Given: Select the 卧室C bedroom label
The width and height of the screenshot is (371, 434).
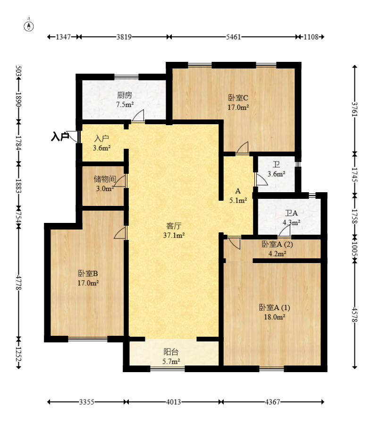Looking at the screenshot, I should click(238, 98).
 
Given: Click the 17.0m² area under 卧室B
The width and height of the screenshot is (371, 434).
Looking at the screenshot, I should click(88, 283).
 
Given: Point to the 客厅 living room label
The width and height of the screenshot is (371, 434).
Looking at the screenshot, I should click(175, 225).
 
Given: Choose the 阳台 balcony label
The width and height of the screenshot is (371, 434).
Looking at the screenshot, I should click(171, 352).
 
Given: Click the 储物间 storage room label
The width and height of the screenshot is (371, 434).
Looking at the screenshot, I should click(105, 179).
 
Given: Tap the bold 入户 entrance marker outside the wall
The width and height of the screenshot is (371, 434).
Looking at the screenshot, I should click(60, 137).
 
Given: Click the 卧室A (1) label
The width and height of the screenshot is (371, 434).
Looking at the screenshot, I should click(274, 307).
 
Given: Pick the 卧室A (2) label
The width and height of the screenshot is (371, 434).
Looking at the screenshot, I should click(278, 244).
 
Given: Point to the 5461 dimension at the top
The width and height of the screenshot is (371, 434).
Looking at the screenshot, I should click(233, 37).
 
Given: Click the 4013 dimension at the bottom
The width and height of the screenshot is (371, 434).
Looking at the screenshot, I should click(173, 402).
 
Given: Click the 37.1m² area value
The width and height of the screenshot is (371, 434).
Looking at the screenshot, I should click(174, 235).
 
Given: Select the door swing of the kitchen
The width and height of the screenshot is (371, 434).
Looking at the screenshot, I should click(138, 116).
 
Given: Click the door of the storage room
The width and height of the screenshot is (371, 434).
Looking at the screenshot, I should click(121, 181).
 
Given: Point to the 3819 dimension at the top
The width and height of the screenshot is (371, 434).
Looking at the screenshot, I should click(124, 37).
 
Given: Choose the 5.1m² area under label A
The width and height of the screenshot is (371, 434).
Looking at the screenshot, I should click(238, 200).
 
